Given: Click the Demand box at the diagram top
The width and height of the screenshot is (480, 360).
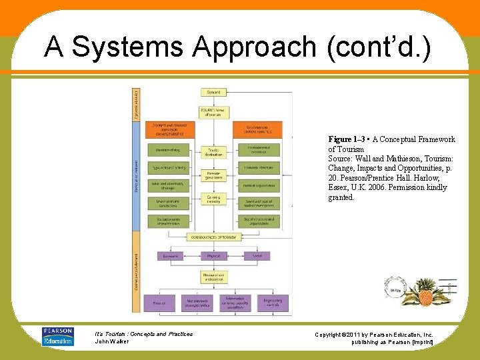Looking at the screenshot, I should tap(213, 93).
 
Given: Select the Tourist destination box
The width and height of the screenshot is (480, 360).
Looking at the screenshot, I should tap(213, 152).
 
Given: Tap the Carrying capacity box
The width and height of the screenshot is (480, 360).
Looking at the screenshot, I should tap(213, 199).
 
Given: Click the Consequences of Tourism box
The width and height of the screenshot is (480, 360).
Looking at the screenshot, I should tap(213, 237).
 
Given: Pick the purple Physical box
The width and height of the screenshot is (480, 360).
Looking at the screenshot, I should tap(213, 256).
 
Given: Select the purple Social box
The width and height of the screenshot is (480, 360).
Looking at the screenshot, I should tap(257, 256).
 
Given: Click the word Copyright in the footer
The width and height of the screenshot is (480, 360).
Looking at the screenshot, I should tap(329, 334).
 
